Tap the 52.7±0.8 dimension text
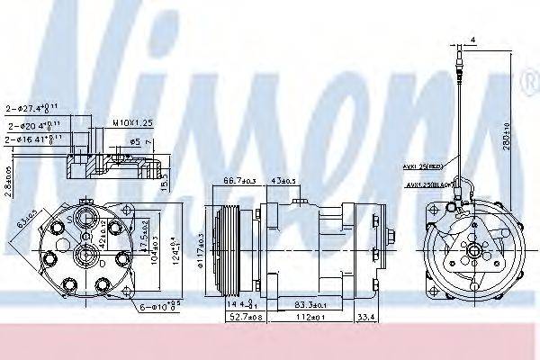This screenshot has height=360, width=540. pos(237,317)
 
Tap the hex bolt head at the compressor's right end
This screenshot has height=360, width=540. pos(393,239)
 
